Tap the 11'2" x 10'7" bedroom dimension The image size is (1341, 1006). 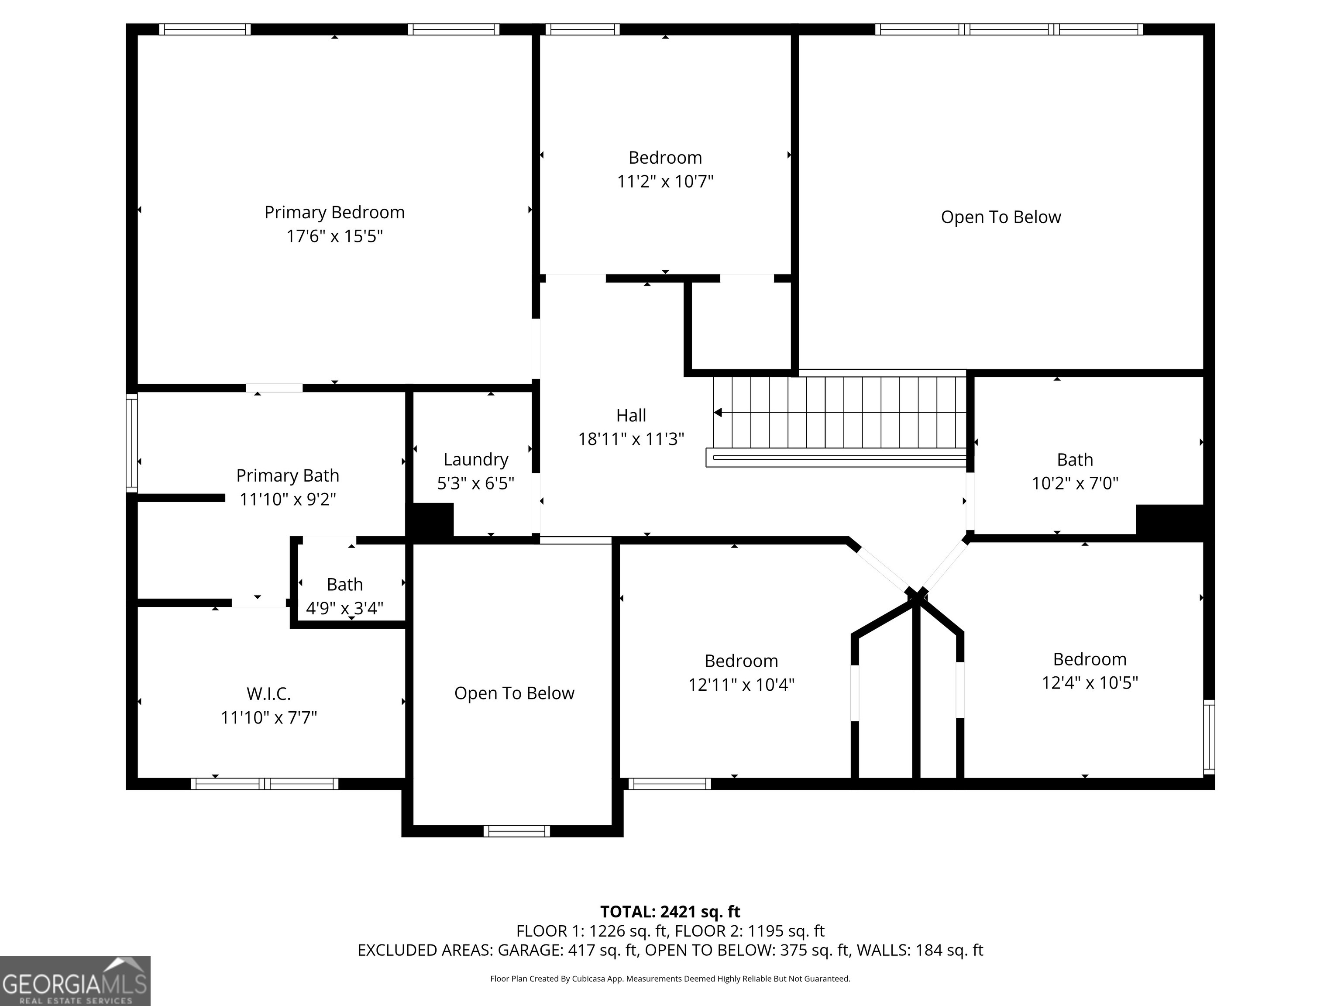pyautogui.click(x=665, y=181)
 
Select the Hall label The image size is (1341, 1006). pyautogui.click(x=631, y=415)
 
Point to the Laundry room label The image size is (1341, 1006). pyautogui.click(x=476, y=460)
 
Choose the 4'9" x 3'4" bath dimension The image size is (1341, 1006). pyautogui.click(x=344, y=608)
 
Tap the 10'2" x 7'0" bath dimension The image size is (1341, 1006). pyautogui.click(x=1075, y=483)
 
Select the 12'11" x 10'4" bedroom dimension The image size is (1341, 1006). pyautogui.click(x=741, y=685)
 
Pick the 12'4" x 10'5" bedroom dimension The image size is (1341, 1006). pyautogui.click(x=1090, y=683)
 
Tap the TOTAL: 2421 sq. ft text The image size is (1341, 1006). pyautogui.click(x=670, y=911)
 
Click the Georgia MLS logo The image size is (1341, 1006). pyautogui.click(x=75, y=981)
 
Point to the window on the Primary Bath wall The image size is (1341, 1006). pyautogui.click(x=131, y=443)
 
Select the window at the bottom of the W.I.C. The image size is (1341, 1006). pyautogui.click(x=265, y=783)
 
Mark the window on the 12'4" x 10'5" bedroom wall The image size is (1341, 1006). pyautogui.click(x=1209, y=737)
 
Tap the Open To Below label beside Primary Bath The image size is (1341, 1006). pyautogui.click(x=514, y=693)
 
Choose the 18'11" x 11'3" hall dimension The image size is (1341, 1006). pyautogui.click(x=631, y=439)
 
